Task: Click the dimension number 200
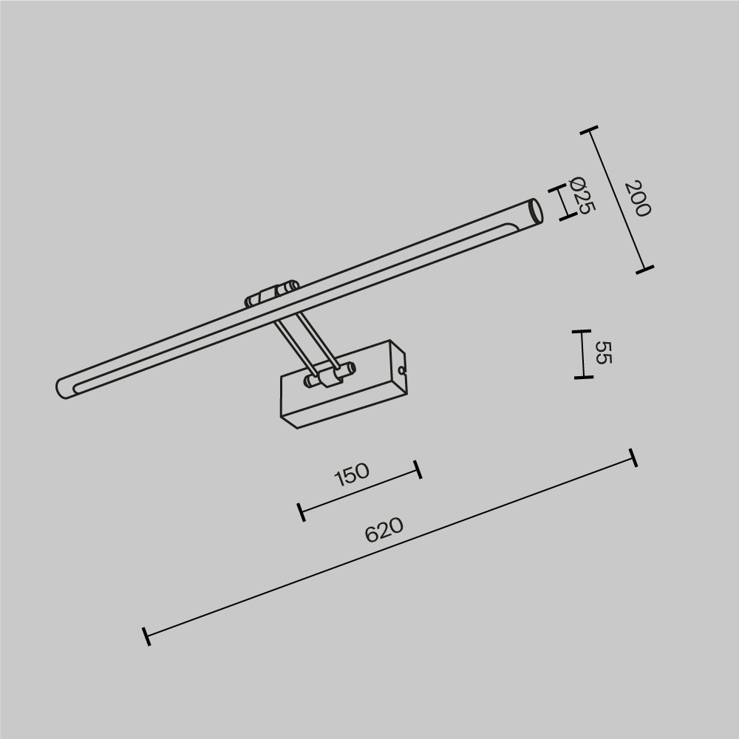[637, 198]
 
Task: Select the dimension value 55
[603, 353]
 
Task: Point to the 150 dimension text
[352, 474]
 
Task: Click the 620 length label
[384, 531]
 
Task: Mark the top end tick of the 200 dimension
[589, 132]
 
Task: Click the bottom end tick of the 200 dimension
[644, 270]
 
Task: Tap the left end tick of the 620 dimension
[146, 636]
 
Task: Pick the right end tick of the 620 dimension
[633, 457]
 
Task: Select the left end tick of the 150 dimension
[301, 511]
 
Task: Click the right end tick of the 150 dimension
[418, 469]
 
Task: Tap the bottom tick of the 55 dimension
[583, 377]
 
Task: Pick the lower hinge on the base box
[330, 375]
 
